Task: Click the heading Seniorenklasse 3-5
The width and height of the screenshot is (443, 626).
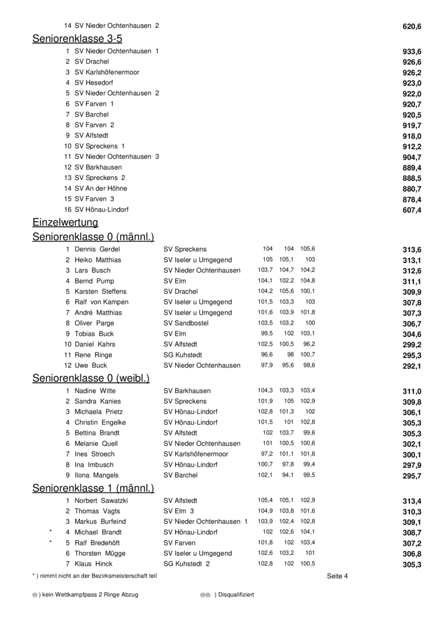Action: [77, 39]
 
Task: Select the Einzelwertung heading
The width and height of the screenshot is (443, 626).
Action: [65, 223]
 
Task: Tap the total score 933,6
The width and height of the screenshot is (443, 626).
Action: [412, 52]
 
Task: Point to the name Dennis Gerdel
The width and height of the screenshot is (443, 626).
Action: [97, 249]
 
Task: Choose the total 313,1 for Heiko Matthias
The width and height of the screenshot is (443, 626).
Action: [412, 260]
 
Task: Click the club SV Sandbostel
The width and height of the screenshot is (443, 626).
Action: [186, 323]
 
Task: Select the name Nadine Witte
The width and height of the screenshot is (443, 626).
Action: [95, 391]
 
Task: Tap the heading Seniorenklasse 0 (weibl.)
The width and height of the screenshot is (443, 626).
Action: [91, 378]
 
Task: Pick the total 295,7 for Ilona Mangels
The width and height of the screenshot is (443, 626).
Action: [412, 476]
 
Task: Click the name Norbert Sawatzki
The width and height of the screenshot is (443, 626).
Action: [101, 501]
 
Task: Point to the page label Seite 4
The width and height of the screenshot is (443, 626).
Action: [337, 576]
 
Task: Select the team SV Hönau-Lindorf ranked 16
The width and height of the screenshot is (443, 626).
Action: [101, 210]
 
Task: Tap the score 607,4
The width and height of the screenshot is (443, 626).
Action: [412, 210]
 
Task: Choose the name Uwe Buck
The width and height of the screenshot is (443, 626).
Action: [90, 366]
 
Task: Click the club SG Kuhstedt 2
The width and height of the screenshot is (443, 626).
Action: [187, 564]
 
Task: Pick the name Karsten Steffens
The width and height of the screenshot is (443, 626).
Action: [100, 292]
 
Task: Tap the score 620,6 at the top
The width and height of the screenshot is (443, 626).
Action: [412, 27]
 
